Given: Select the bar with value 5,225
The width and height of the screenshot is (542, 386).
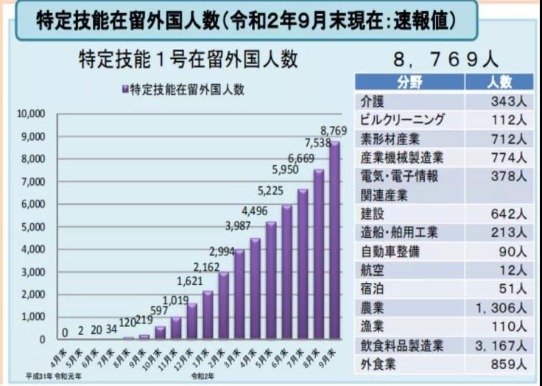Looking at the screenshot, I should tap(271, 281).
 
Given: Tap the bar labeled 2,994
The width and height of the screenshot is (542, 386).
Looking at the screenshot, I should tap(223, 306).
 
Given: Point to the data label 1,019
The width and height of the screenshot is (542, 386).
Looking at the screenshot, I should tap(175, 301).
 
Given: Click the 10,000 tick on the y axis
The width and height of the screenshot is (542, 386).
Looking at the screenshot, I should tap(31, 114).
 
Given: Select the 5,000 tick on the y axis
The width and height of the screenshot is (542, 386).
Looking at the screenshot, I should tap(33, 227).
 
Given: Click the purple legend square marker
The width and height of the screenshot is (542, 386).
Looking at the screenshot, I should tap(125, 90).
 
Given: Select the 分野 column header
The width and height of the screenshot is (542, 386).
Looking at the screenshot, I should tap(410, 81).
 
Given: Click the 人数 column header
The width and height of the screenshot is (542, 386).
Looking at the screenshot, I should tap(499, 81).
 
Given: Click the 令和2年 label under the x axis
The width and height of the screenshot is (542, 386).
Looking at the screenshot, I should tap(203, 376).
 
